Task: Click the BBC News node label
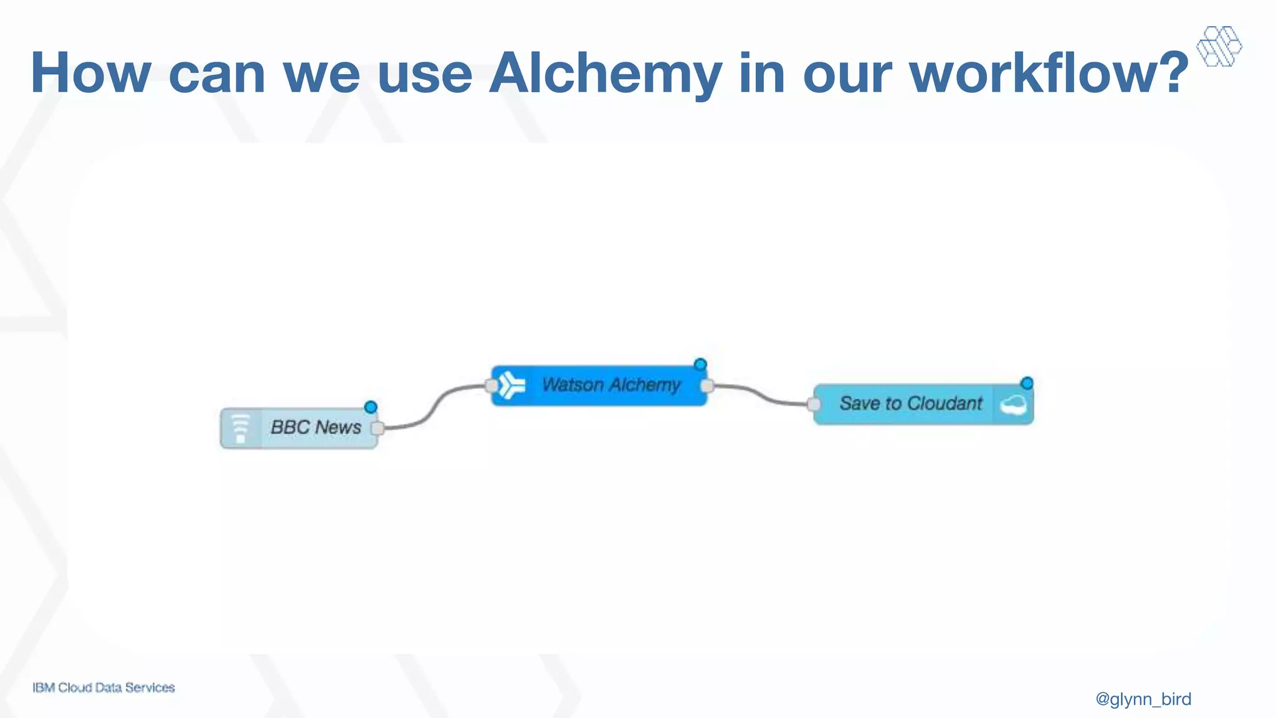[315, 428]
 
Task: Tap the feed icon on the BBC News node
[240, 428]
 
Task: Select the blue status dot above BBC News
[371, 407]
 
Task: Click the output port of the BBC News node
[377, 428]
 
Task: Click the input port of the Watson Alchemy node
[492, 386]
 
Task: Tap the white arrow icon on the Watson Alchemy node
[512, 385]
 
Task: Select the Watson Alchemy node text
[611, 385]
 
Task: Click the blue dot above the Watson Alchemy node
[700, 364]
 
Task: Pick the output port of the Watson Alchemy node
[707, 386]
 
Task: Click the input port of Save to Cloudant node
[814, 404]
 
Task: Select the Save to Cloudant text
[910, 404]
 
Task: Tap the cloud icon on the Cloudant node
[1013, 405]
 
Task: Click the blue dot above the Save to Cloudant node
[1027, 383]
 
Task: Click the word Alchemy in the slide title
[606, 74]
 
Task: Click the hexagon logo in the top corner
[1219, 46]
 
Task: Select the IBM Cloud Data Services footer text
[103, 687]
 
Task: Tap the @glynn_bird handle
[1143, 699]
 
